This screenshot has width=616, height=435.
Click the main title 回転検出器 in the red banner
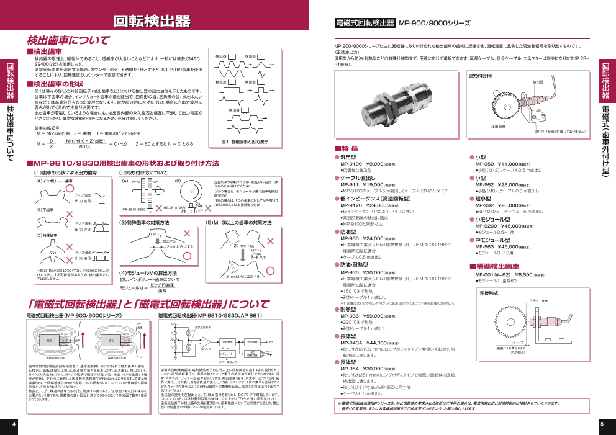click(152, 22)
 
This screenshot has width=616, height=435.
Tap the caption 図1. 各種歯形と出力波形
click(245, 142)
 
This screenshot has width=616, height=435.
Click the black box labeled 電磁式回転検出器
click(365, 23)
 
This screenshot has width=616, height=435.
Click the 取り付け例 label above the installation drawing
click(481, 76)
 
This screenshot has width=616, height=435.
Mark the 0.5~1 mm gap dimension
click(539, 301)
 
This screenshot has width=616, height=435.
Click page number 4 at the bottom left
click(14, 424)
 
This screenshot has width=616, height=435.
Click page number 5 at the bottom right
click(602, 424)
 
